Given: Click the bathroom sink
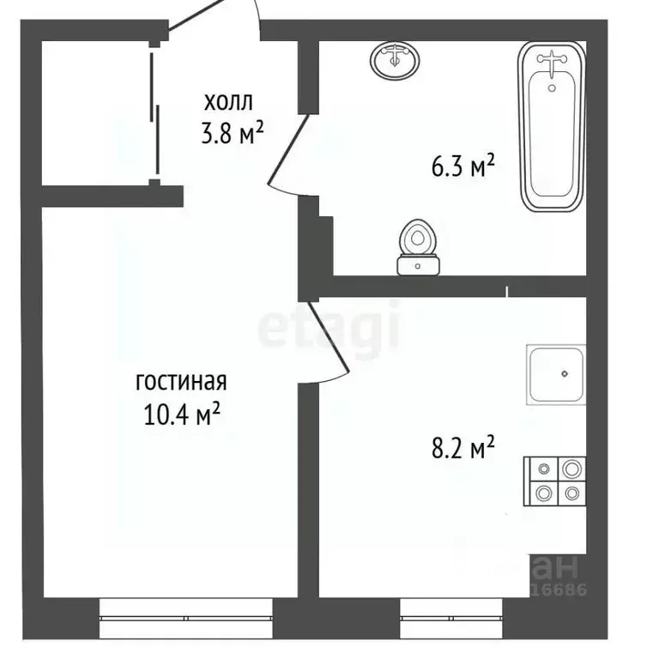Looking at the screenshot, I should (395, 60).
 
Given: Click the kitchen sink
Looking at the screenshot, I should (557, 374).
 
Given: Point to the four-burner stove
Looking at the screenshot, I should (555, 481).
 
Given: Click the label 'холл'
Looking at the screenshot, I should (228, 103).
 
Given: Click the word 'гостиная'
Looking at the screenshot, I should (180, 380).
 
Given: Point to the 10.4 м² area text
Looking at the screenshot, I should (181, 414).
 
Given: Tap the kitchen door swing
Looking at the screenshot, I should (326, 343).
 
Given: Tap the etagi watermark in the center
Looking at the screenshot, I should (330, 324).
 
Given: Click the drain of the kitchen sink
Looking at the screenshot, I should (565, 373).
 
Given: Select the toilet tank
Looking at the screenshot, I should (420, 266).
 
